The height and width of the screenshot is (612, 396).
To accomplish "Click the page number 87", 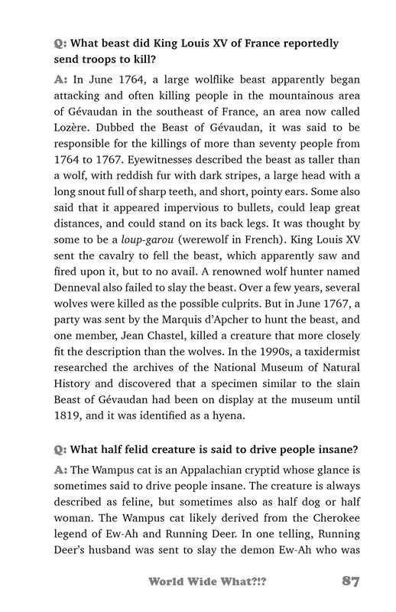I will click(350, 581).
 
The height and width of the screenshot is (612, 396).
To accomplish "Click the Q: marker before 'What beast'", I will click(60, 44).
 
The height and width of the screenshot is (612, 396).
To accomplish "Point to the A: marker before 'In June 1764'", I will click(61, 79).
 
